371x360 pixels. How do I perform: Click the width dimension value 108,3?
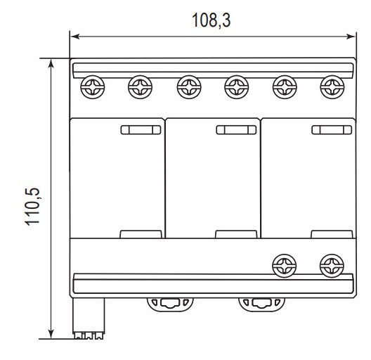tap(211, 20)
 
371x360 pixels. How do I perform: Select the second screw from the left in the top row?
tap(139, 88)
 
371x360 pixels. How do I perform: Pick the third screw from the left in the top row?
tap(187, 88)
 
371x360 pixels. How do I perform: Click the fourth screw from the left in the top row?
tap(235, 88)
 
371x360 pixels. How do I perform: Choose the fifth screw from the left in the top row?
tap(282, 88)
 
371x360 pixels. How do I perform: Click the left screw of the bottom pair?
tap(282, 265)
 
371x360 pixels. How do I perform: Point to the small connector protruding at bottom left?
tap(89, 320)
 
